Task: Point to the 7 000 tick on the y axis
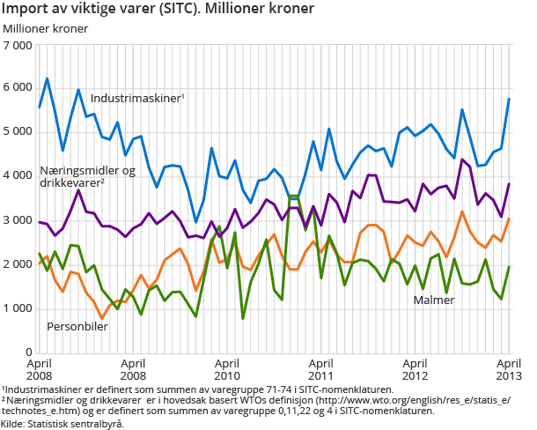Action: point(18,44)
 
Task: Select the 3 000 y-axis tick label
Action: point(18,220)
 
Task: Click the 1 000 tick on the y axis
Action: point(18,308)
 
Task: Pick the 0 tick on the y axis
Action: point(29,352)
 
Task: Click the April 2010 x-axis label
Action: point(226,368)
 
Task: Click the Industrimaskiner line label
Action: point(136,98)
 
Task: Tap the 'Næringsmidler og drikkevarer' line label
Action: point(86,176)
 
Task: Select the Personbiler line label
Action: point(77,326)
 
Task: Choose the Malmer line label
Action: point(434,300)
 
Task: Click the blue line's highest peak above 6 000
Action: point(48,79)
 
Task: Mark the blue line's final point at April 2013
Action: point(509,100)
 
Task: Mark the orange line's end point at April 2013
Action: point(509,219)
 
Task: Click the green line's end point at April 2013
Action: point(509,267)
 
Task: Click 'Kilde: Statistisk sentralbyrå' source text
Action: point(63,424)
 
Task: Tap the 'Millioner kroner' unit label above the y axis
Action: point(46,28)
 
